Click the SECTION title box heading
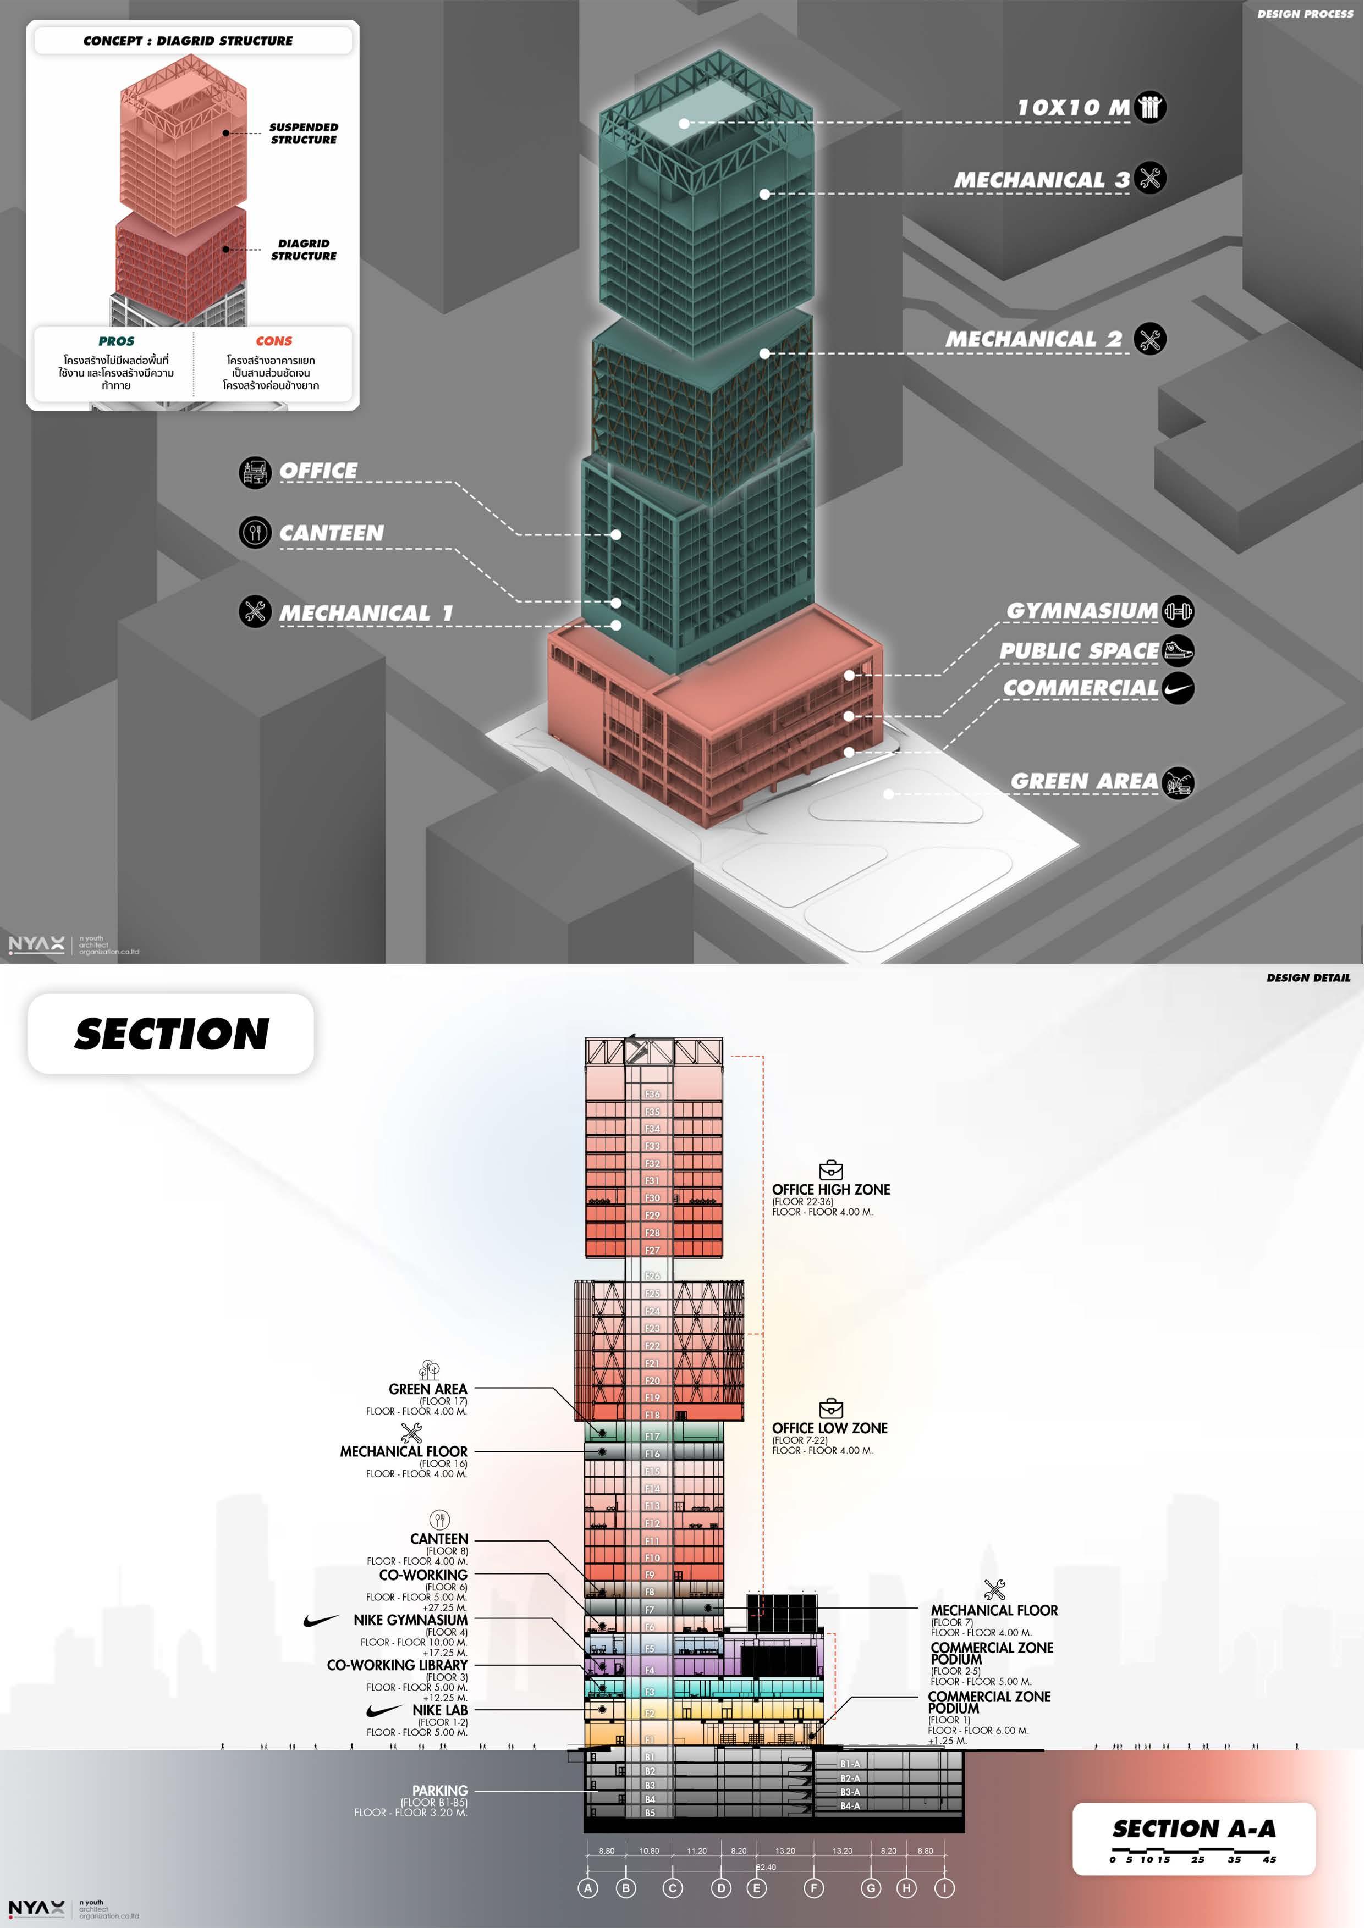click(x=172, y=1034)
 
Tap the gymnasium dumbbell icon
click(x=1178, y=611)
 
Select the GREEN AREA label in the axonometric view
click(x=1083, y=782)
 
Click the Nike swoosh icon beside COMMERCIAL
click(x=1179, y=688)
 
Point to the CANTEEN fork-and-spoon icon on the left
click(x=255, y=532)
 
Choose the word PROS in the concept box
click(x=116, y=341)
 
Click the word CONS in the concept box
click(x=274, y=341)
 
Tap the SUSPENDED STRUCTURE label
click(x=303, y=134)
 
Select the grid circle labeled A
click(x=588, y=1888)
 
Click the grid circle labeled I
click(x=945, y=1888)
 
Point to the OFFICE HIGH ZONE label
click(x=831, y=1189)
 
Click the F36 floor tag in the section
click(x=652, y=1094)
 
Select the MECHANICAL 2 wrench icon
click(x=1150, y=339)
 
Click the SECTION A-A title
click(x=1193, y=1829)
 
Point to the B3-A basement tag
click(x=850, y=1792)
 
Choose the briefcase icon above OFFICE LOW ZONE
click(x=831, y=1408)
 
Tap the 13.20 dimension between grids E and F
click(x=785, y=1850)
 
